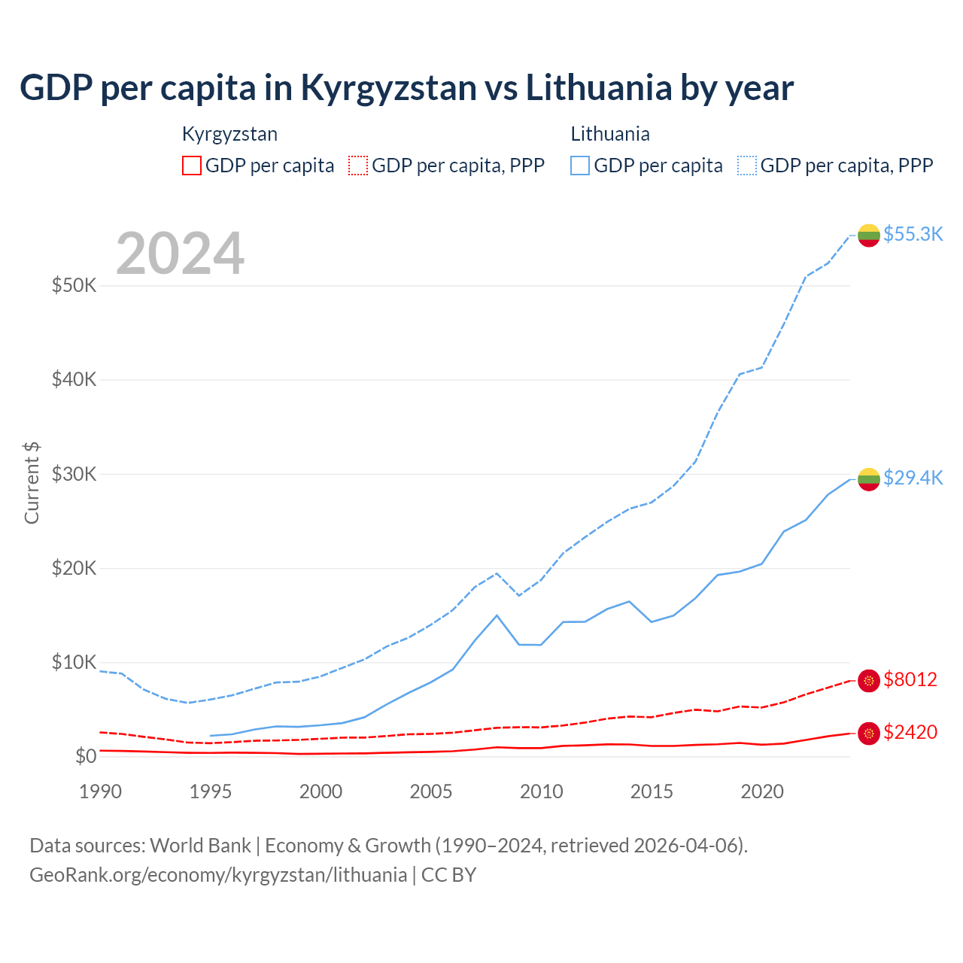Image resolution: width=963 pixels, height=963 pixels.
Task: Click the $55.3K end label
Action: coord(913,234)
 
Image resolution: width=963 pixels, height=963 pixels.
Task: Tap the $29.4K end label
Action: coord(913,478)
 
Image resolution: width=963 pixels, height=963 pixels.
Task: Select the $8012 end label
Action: coord(910,679)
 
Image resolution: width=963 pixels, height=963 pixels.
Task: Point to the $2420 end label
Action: coord(910,732)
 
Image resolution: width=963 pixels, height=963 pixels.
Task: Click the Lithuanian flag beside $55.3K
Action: coord(869,235)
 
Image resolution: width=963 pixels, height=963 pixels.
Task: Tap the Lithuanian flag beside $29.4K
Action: coord(869,478)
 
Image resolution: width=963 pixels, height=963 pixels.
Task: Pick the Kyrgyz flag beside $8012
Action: coord(869,680)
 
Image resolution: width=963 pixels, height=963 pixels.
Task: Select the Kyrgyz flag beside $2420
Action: coord(869,733)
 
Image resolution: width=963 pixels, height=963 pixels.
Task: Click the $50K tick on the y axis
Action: coord(74,286)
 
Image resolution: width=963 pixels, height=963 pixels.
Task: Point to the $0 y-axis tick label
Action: coord(86,756)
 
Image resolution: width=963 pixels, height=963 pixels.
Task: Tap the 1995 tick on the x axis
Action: coord(211,791)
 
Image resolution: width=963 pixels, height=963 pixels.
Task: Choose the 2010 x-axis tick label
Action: coord(542,791)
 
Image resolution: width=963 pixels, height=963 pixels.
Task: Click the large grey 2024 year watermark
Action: coord(180,254)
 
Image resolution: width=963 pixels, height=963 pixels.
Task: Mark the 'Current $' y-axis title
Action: coord(32,483)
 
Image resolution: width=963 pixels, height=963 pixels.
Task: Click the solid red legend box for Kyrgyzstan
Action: coord(192,166)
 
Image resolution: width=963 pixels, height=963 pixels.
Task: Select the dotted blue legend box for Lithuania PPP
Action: coord(747,166)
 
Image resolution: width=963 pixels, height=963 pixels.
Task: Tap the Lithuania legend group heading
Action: coord(610,134)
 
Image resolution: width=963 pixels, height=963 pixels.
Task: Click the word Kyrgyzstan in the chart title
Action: coord(388,87)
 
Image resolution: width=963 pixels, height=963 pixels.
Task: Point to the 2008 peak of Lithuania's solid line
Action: coord(497,615)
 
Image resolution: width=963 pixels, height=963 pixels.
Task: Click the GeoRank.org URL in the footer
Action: coord(218,875)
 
